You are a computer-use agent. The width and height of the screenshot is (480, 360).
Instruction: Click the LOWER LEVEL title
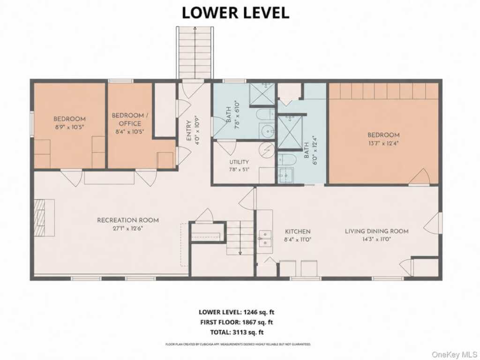235,13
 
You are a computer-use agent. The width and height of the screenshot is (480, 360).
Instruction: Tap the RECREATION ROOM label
128,220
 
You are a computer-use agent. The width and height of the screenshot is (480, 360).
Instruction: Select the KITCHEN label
298,232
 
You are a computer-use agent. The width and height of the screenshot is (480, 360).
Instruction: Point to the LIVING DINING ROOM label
376,231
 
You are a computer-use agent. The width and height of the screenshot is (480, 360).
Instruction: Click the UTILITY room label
239,162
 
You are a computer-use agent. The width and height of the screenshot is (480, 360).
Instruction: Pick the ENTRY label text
189,131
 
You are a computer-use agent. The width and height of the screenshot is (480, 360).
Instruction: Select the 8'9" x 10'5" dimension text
69,127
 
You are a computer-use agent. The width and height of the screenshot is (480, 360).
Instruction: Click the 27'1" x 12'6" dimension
128,228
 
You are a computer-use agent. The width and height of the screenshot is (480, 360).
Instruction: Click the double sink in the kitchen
265,239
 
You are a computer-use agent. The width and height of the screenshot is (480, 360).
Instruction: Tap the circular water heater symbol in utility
267,150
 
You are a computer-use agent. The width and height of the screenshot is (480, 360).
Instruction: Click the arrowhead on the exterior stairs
195,28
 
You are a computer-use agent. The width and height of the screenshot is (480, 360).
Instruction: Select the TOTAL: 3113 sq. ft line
237,332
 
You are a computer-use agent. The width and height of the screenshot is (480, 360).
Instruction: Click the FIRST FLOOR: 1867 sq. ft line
236,322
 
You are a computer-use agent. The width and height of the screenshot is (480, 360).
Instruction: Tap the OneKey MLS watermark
454,354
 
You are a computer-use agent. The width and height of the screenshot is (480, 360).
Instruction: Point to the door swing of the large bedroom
420,177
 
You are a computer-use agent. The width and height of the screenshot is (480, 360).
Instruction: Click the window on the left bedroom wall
31,124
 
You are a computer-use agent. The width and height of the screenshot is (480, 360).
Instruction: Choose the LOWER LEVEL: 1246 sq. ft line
236,312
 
